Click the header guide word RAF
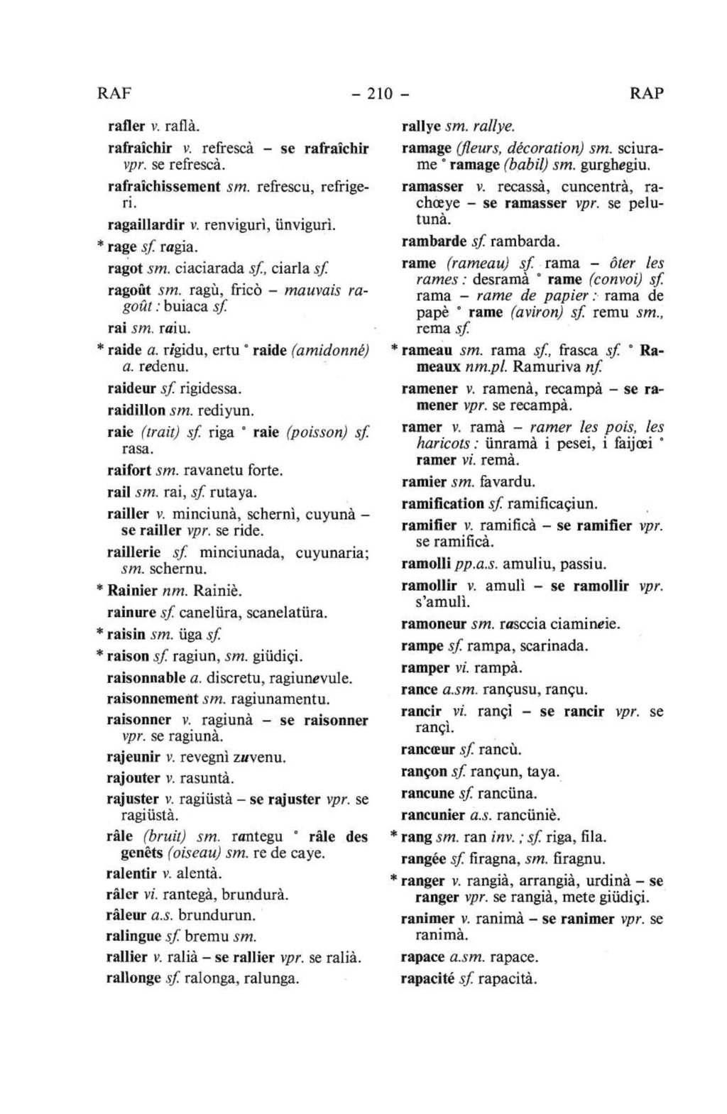point(115,94)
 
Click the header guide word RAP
point(646,94)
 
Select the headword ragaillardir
point(144,225)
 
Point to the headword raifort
point(129,470)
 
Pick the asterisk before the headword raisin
point(100,632)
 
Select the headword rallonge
point(133,978)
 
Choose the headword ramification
point(442,504)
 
